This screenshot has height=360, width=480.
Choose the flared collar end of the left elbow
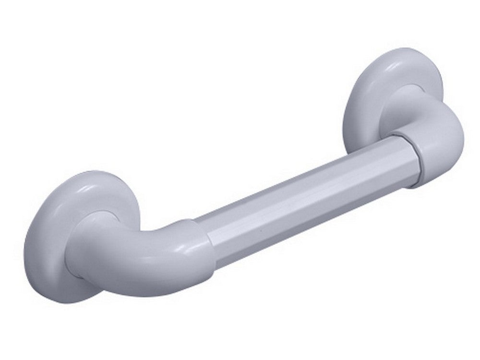point(192,250)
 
